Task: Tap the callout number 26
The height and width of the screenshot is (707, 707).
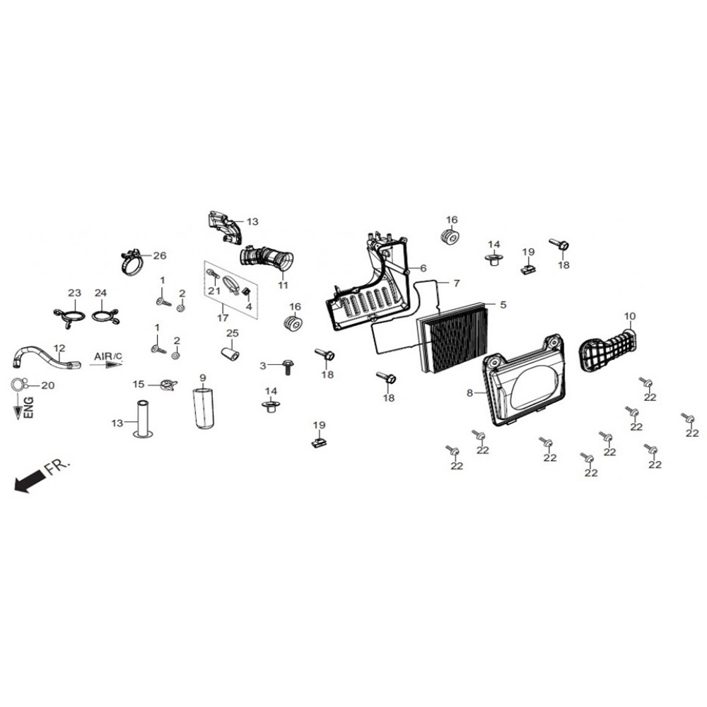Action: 160,256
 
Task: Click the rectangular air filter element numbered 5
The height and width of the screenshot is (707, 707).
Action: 453,336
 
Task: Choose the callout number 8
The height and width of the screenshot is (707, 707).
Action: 470,393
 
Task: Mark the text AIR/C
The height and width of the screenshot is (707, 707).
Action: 108,356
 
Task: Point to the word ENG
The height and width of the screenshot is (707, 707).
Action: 28,408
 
